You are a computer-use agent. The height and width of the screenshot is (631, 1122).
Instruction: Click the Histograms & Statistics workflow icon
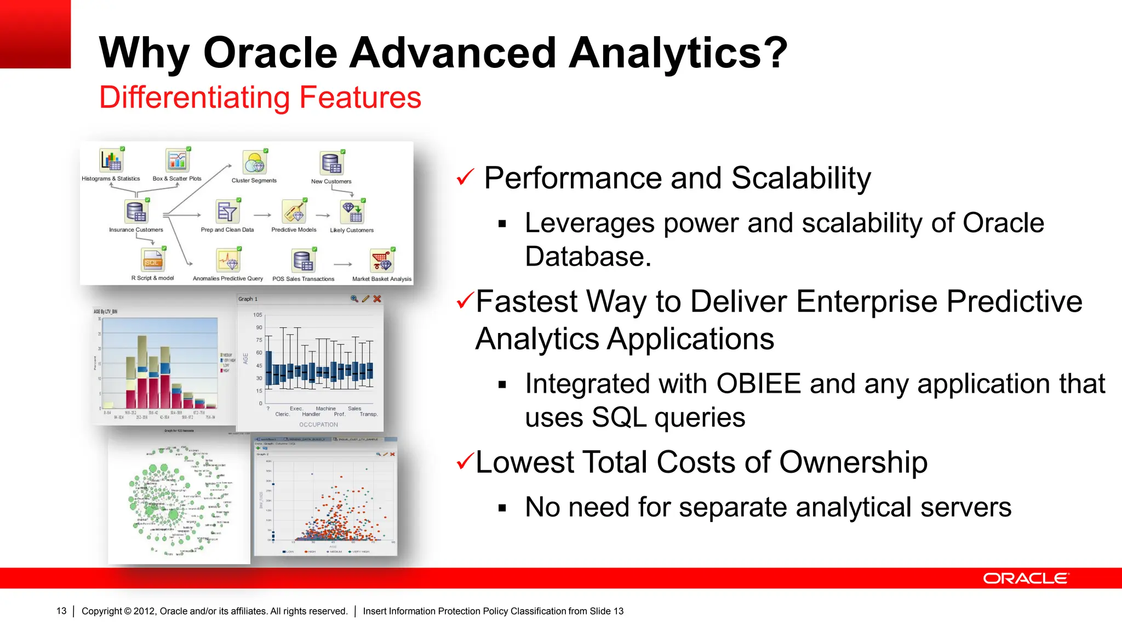111,161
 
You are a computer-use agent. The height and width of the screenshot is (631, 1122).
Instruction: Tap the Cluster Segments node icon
255,163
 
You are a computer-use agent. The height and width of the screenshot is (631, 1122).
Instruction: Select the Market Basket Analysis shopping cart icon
382,261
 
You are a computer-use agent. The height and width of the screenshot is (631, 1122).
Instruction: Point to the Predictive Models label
294,230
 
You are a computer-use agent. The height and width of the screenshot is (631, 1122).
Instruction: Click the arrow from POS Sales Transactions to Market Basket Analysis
343,265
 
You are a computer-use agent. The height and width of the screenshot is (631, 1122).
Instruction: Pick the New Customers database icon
331,164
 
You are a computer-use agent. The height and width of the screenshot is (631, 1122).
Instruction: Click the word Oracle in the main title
271,53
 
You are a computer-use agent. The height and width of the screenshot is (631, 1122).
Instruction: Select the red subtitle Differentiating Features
260,97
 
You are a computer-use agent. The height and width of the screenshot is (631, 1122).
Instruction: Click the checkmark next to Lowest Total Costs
464,461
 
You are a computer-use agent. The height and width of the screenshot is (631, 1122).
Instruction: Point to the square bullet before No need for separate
502,508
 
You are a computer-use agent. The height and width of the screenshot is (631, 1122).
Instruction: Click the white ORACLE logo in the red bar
1025,578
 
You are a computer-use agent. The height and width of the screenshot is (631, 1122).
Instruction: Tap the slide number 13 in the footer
61,611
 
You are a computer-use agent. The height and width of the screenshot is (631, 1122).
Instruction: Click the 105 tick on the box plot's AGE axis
257,315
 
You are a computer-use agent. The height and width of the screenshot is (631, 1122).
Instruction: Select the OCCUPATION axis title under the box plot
318,425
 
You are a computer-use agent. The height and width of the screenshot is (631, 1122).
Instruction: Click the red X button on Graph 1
377,299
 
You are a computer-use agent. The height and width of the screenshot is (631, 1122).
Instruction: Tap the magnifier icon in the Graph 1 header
354,299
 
